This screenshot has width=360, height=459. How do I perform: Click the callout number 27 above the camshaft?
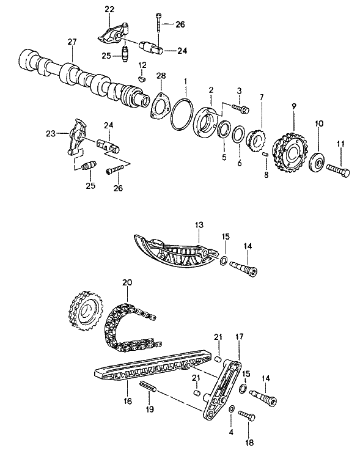click(72, 42)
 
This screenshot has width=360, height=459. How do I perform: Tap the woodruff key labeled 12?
click(142, 79)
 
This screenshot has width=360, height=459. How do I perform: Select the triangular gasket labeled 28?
click(160, 106)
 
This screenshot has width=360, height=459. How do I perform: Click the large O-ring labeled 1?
click(182, 114)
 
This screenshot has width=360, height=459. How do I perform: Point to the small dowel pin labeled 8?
click(266, 154)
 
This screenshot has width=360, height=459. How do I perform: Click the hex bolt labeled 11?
click(338, 171)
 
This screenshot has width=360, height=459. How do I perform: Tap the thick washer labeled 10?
click(317, 160)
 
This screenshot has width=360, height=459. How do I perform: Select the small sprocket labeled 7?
click(257, 141)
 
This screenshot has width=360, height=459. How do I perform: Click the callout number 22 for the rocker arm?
click(109, 9)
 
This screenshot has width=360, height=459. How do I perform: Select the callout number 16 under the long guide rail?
click(128, 400)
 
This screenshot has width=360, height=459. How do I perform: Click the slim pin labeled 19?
click(149, 385)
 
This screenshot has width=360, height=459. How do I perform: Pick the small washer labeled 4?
click(231, 408)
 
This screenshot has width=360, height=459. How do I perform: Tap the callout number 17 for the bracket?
click(239, 337)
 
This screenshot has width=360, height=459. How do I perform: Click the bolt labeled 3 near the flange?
click(241, 108)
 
